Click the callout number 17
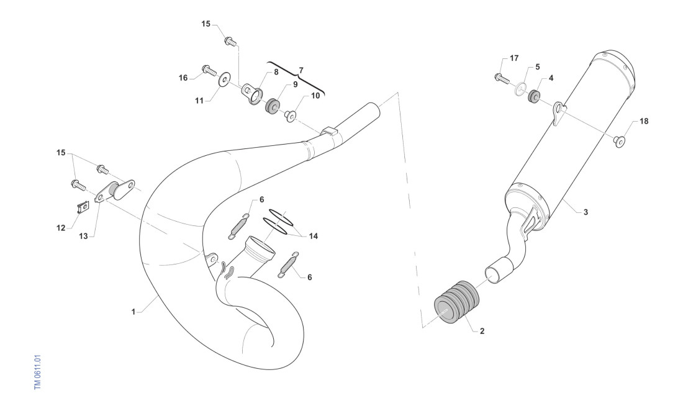pos(514,58)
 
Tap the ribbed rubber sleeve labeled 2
pos(457,301)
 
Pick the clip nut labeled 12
pos(83,207)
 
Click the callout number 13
pos(83,236)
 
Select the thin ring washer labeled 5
pos(521,88)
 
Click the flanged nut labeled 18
pos(620,140)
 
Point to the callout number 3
pos(586,212)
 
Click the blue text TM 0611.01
pos(37,373)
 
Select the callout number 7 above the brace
pos(301,70)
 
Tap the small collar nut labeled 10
pos(291,116)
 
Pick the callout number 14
pos(313,236)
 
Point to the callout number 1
pos(133,312)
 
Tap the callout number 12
pos(61,228)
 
